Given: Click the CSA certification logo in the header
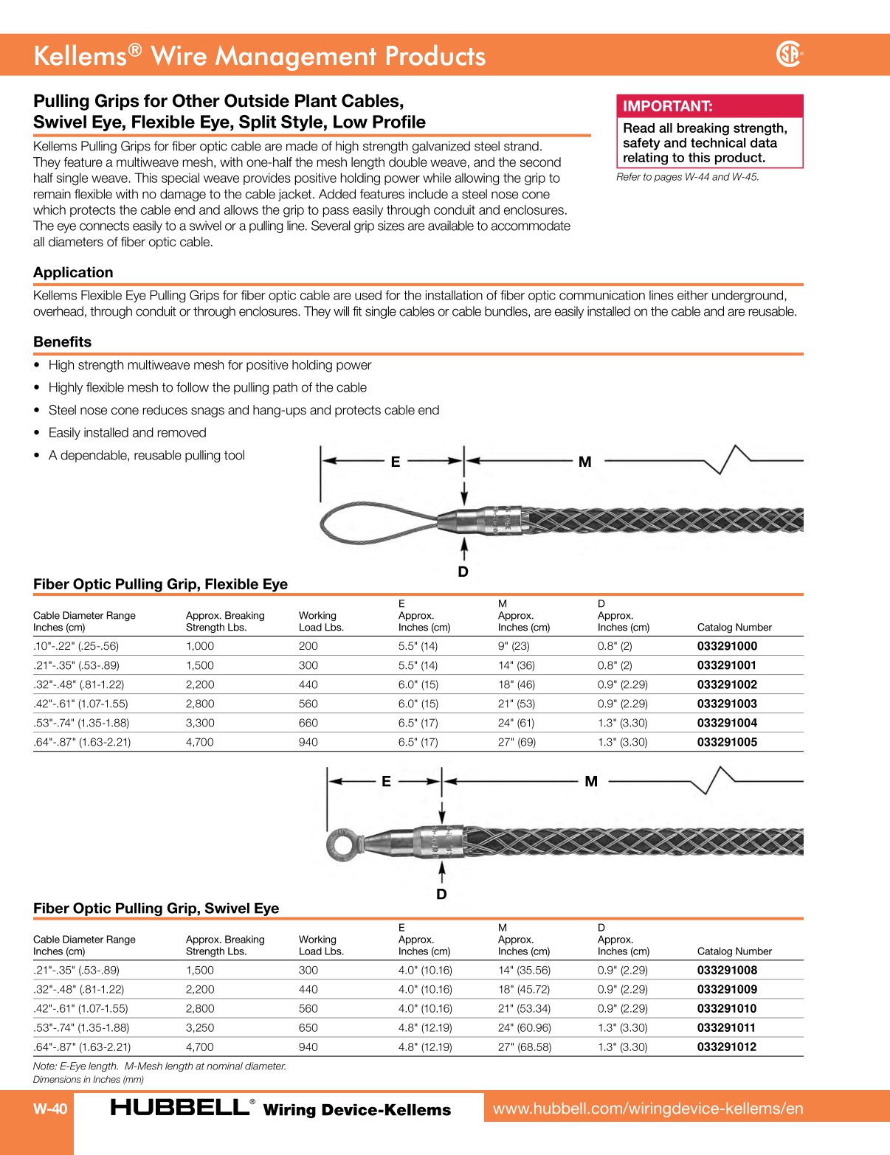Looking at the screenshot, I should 789,55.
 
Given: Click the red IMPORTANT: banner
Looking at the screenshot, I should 708,105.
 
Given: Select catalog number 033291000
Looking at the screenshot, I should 726,646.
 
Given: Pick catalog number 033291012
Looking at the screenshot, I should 726,1047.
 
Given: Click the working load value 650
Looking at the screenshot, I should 308,1027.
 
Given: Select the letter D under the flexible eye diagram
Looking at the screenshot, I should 463,572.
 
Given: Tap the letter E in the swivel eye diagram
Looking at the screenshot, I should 386,781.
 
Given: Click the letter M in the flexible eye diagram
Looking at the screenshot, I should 584,462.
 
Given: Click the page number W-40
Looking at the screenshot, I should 50,1109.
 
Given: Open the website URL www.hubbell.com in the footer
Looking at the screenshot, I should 647,1109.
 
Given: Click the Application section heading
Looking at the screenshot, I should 73,272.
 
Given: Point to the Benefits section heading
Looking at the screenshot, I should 63,341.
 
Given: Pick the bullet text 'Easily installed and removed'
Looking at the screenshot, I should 127,432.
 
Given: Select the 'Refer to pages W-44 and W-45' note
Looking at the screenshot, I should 687,177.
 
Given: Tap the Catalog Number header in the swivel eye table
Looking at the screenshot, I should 734,951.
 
